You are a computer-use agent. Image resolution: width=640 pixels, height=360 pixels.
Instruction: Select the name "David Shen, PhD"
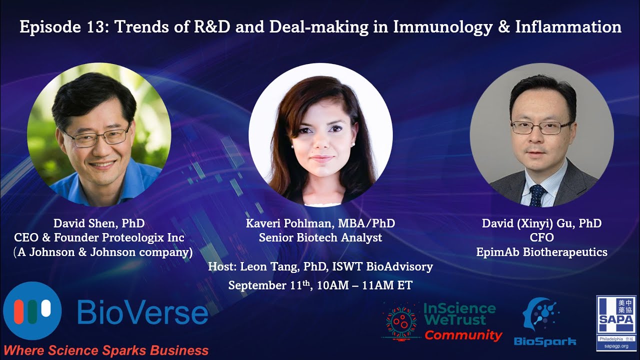[99, 223]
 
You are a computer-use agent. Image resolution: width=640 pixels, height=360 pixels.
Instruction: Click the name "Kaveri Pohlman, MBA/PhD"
[320, 223]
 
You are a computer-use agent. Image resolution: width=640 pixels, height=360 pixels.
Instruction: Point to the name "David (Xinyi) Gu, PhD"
[541, 223]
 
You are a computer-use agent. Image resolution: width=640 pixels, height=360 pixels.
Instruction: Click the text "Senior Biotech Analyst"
[320, 237]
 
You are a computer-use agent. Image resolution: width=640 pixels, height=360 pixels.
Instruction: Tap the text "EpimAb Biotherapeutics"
[541, 252]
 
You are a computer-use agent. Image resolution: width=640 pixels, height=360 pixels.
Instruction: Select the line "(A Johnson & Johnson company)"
[103, 252]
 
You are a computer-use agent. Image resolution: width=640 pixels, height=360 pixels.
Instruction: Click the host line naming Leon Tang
[320, 267]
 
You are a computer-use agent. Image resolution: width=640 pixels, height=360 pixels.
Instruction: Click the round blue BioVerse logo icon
[32, 310]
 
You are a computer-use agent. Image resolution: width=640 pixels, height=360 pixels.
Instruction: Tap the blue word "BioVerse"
[142, 313]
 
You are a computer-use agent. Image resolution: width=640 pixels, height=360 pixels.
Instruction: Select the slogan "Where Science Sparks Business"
[106, 350]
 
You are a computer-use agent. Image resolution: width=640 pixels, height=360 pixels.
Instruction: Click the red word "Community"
[463, 335]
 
